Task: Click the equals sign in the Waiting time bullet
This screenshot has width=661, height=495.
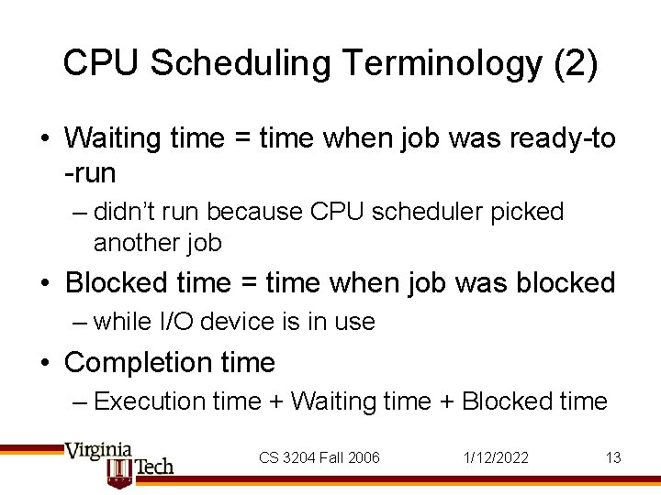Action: click(x=241, y=138)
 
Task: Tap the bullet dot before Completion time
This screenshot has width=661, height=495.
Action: click(x=44, y=363)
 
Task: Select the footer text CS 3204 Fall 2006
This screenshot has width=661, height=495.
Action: click(x=319, y=457)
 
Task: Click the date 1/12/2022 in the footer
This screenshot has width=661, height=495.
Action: click(x=496, y=457)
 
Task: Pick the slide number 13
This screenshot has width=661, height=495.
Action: click(x=613, y=457)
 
